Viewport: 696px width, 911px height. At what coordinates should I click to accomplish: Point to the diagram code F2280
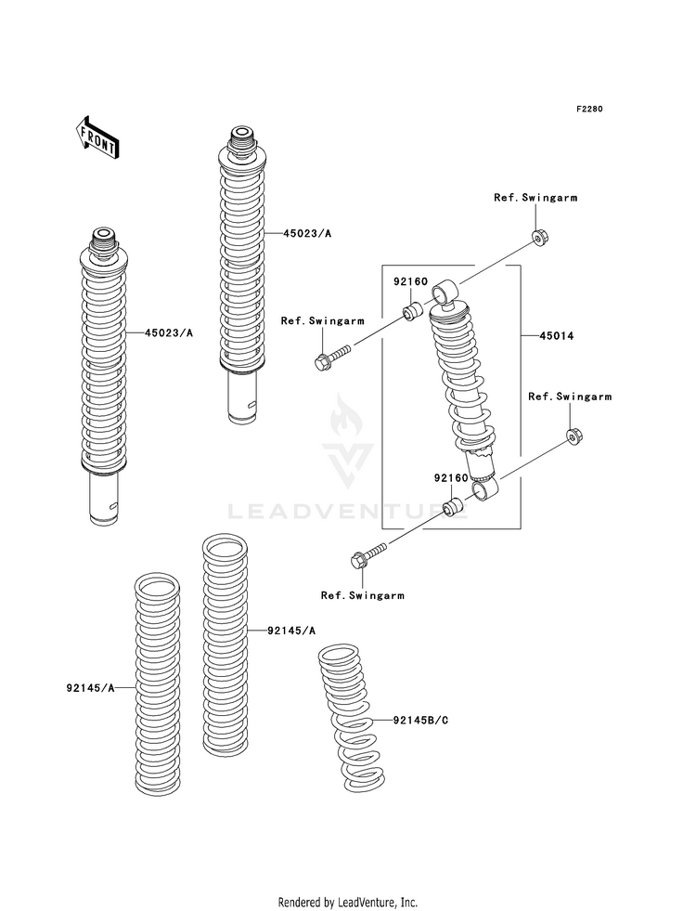click(x=590, y=110)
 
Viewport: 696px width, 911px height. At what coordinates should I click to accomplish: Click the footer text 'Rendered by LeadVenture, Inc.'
click(x=347, y=902)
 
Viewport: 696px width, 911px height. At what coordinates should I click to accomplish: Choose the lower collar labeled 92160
click(x=454, y=508)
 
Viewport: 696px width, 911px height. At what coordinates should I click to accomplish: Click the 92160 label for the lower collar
click(x=449, y=477)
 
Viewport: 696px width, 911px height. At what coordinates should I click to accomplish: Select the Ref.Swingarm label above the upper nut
click(x=528, y=198)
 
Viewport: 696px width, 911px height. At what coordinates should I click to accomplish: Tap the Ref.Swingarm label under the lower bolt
click(x=362, y=595)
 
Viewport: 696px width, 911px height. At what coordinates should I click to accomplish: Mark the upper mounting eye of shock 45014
click(x=446, y=292)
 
